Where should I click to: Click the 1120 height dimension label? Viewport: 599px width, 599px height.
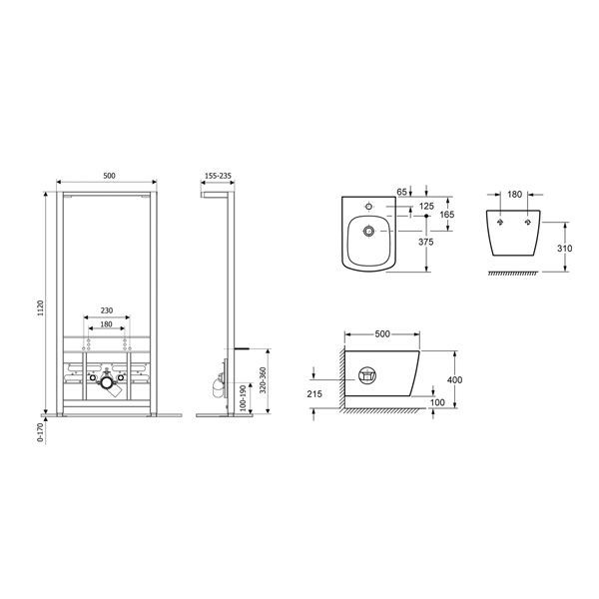pyautogui.click(x=41, y=307)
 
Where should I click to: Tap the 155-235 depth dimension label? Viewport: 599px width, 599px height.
pyautogui.click(x=218, y=176)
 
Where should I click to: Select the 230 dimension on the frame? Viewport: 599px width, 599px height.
pyautogui.click(x=107, y=310)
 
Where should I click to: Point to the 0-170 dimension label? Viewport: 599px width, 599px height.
pyautogui.click(x=40, y=431)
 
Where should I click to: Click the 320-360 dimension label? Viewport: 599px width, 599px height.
pyautogui.click(x=263, y=380)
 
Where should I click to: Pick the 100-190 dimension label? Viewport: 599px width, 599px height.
pyautogui.click(x=243, y=398)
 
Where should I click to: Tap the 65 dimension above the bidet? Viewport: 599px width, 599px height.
pyautogui.click(x=402, y=192)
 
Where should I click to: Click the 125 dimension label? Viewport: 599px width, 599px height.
pyautogui.click(x=426, y=207)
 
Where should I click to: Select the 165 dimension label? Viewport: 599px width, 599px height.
pyautogui.click(x=447, y=215)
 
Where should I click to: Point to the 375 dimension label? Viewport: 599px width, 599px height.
pyautogui.click(x=426, y=242)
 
